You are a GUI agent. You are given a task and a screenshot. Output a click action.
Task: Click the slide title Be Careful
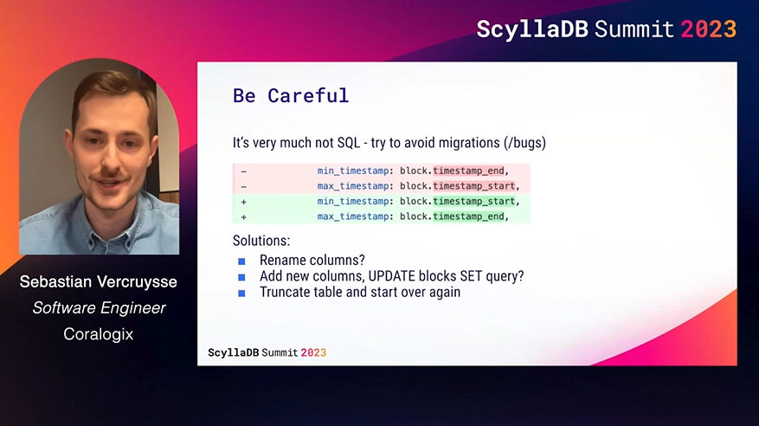click(x=291, y=95)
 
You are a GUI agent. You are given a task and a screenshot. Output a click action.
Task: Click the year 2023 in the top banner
click(x=709, y=29)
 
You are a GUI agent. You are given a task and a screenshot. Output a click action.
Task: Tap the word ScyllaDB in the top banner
click(x=532, y=30)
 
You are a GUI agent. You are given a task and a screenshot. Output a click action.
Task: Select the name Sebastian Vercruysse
click(x=99, y=281)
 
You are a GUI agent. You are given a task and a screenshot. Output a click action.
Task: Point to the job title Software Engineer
click(x=99, y=308)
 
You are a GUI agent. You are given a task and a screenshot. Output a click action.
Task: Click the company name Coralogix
click(x=99, y=334)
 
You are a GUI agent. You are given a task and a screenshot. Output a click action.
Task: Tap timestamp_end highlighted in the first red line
click(x=468, y=171)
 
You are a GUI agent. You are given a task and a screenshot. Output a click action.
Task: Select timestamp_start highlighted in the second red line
click(x=474, y=186)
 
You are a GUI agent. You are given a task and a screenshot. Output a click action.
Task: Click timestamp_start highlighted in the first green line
click(x=474, y=201)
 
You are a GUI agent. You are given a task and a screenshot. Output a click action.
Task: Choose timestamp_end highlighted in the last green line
click(x=468, y=216)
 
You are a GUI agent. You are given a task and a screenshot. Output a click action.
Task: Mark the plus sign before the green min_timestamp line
click(x=244, y=202)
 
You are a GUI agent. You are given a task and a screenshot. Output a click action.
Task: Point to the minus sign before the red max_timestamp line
click(x=244, y=186)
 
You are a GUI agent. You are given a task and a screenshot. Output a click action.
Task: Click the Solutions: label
click(x=261, y=241)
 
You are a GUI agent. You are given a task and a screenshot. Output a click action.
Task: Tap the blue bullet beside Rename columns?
click(x=241, y=261)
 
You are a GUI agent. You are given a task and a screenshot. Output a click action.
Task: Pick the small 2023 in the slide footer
click(x=313, y=352)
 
